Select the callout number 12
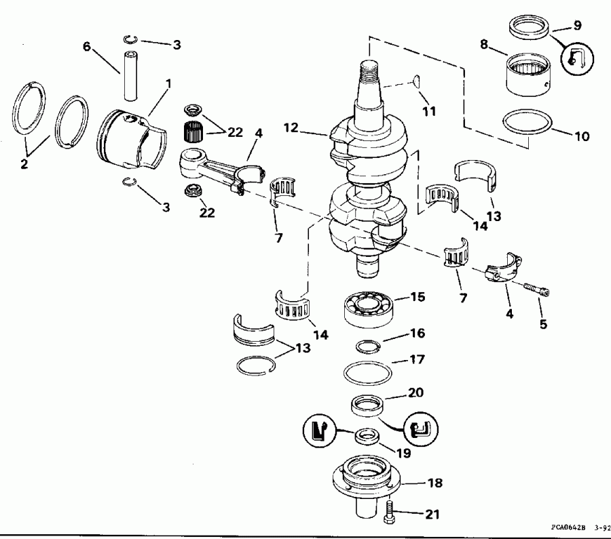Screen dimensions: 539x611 309,127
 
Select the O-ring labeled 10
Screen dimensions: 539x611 526,127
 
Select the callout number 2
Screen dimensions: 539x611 24,164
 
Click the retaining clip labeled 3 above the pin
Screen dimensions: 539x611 136,39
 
